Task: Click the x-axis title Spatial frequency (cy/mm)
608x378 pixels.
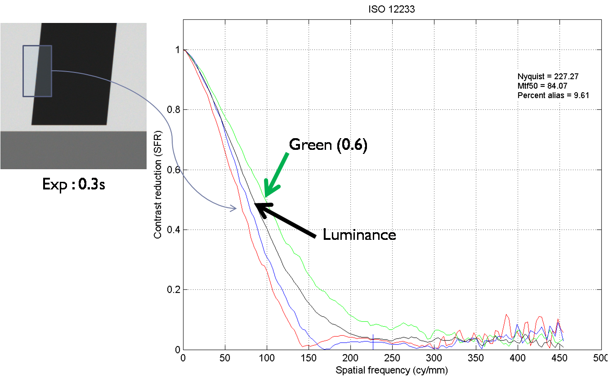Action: [392, 370]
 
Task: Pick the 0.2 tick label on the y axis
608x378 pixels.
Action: [173, 290]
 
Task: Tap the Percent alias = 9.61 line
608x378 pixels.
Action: [553, 95]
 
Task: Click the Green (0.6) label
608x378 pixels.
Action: [328, 145]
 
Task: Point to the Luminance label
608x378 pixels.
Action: [359, 234]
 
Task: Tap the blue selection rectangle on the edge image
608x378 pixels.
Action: [37, 71]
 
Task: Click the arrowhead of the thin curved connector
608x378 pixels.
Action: [234, 208]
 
